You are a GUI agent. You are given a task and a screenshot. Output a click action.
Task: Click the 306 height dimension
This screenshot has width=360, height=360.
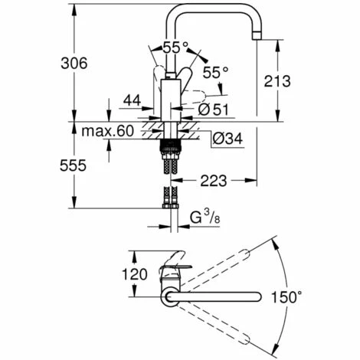74,63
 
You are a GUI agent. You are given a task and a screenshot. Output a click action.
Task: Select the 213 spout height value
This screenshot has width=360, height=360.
277,81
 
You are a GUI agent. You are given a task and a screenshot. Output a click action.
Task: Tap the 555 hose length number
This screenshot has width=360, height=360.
73,165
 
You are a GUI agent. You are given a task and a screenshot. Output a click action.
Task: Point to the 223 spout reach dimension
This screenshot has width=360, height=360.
214,181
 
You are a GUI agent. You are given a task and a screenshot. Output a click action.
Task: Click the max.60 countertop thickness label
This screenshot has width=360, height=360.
107,131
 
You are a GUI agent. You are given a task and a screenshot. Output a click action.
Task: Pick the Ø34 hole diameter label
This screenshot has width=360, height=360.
227,139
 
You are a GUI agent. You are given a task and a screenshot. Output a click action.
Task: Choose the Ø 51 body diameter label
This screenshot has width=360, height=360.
214,110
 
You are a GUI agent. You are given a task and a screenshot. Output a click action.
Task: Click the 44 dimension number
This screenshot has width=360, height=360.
132,100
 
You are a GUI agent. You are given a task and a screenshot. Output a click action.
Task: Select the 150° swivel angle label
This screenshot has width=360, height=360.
286,297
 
